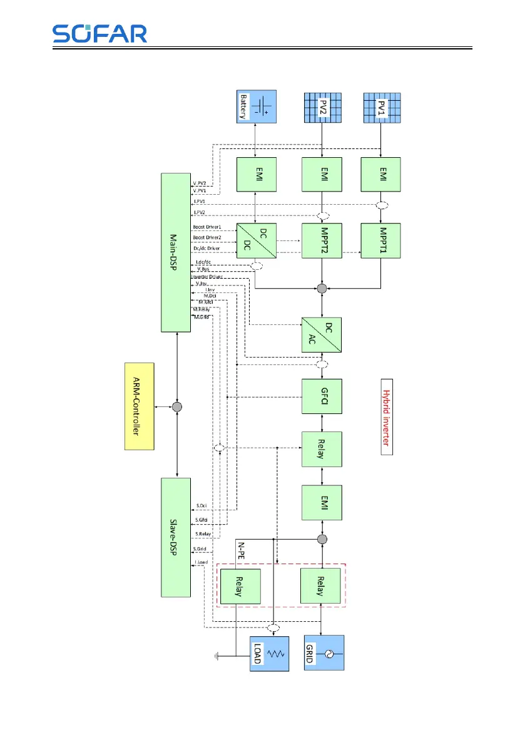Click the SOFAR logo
click(x=100, y=33)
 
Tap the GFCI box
click(x=322, y=396)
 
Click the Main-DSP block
click(x=178, y=252)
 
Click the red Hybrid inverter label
click(x=387, y=416)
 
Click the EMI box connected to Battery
click(x=257, y=175)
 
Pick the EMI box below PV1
click(x=382, y=175)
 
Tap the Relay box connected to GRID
click(x=322, y=585)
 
